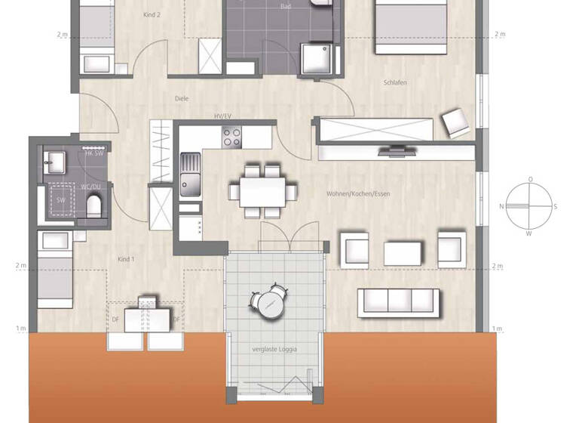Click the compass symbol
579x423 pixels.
click(x=531, y=206)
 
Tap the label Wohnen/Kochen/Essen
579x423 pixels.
click(x=358, y=194)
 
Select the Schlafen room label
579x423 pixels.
click(x=395, y=82)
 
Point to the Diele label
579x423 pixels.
click(x=181, y=97)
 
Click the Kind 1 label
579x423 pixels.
click(x=125, y=260)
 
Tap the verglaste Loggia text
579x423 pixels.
click(x=274, y=349)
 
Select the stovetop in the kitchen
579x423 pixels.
click(x=231, y=137)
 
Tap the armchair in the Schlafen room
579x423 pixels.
click(x=455, y=122)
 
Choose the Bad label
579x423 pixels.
click(x=285, y=6)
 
